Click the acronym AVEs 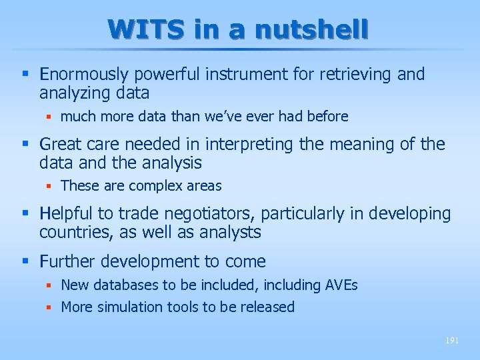341,285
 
